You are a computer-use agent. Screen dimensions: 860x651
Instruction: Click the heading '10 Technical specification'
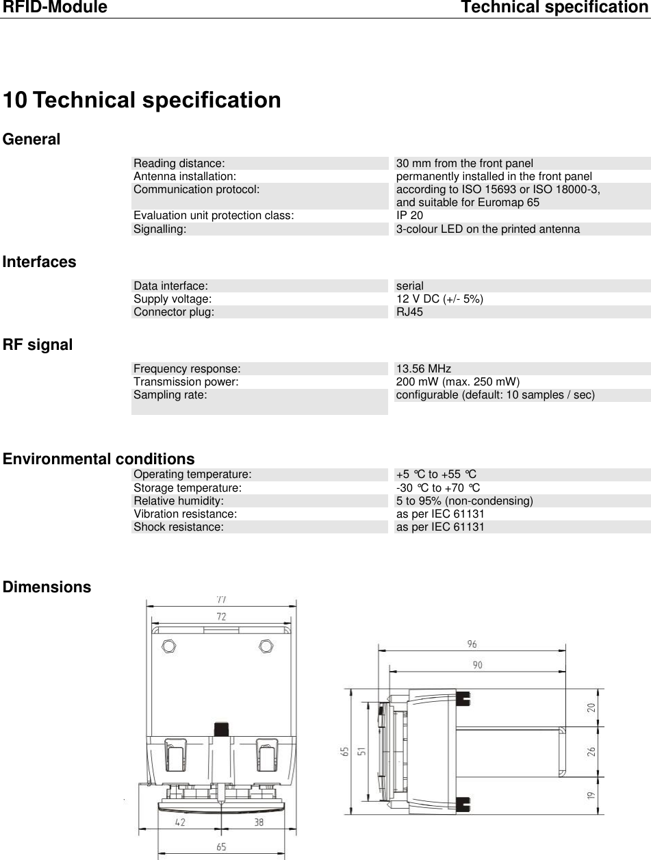[x=142, y=100]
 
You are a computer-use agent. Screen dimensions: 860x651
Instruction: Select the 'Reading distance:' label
[x=179, y=164]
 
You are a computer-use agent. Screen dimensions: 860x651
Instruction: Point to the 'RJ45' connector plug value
[x=409, y=312]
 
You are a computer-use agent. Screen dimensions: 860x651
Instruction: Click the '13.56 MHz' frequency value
[x=424, y=368]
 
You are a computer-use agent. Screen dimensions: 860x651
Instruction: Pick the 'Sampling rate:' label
[x=170, y=395]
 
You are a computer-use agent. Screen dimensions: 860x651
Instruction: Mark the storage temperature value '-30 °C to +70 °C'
[x=438, y=488]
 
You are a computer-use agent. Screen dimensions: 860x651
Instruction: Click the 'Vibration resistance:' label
[x=186, y=514]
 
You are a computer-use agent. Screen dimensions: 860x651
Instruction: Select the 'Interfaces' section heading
[x=40, y=262]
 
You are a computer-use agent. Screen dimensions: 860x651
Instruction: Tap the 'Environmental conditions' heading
[x=99, y=459]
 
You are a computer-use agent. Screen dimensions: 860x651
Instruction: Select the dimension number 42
[x=179, y=822]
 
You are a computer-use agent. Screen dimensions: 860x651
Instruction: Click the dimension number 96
[x=472, y=644]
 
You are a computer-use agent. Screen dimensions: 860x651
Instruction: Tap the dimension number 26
[x=591, y=751]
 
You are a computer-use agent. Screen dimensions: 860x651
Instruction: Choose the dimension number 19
[x=591, y=796]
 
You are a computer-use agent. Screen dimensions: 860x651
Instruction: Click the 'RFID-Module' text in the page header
[x=55, y=8]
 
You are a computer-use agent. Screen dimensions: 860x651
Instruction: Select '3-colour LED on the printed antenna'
[x=488, y=229]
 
